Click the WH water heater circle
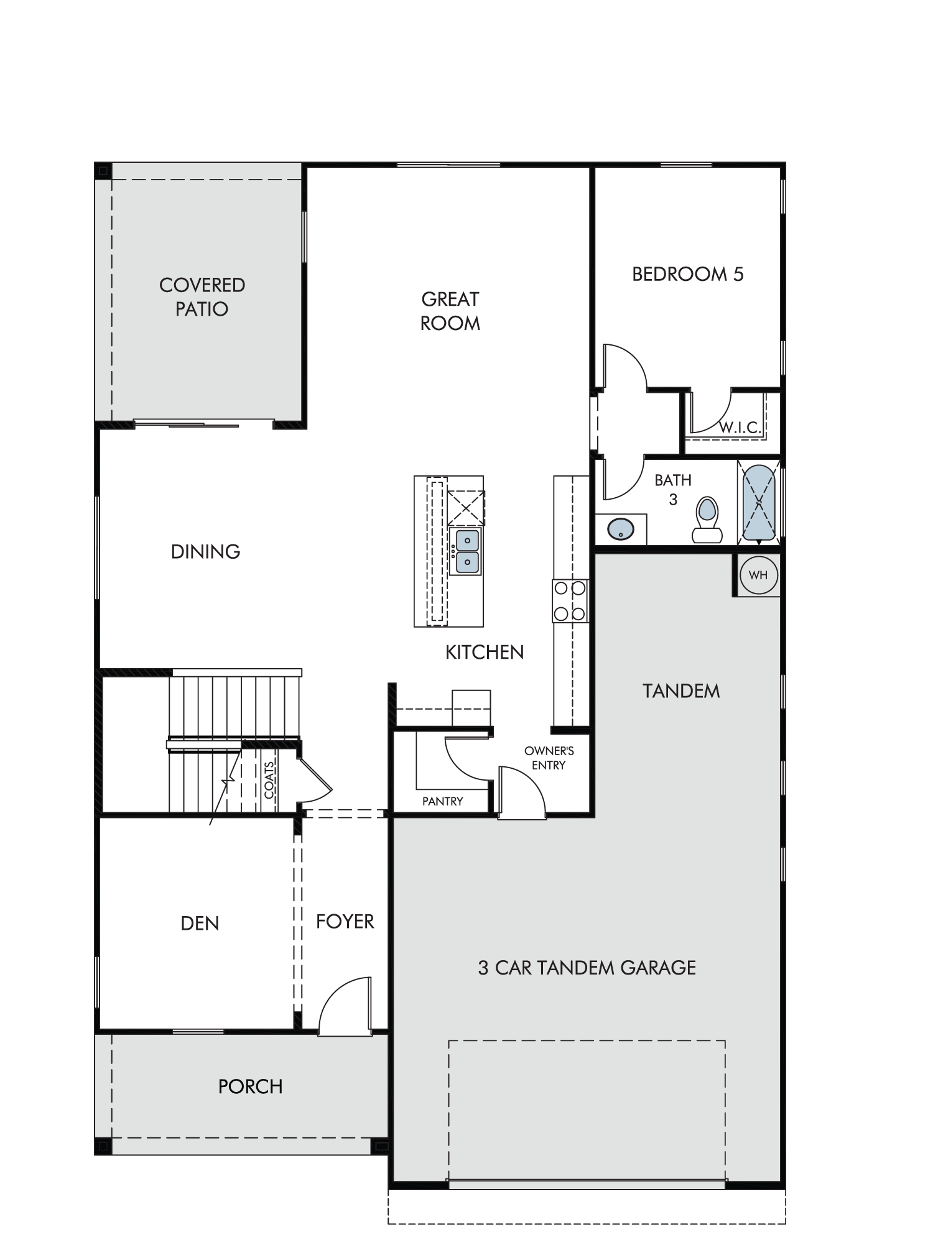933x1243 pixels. coord(758,575)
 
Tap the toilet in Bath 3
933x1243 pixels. coord(707,520)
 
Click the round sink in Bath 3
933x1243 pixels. coord(620,530)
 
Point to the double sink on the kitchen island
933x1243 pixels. coord(466,551)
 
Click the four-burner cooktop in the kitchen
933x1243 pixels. coord(570,601)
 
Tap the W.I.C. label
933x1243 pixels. coord(740,428)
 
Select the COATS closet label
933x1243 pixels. coord(269,780)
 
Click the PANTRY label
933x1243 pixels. coord(443,801)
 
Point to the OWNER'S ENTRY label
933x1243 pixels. coord(549,758)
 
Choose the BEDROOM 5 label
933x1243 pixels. coord(688,274)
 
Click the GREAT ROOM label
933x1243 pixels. coord(450,311)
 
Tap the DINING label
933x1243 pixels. coord(206,551)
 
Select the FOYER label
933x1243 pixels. coord(345,921)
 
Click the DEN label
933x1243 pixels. coord(200,924)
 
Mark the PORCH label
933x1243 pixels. coord(251,1086)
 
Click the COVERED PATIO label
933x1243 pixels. coord(202,297)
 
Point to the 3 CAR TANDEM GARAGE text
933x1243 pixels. coord(587,968)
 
